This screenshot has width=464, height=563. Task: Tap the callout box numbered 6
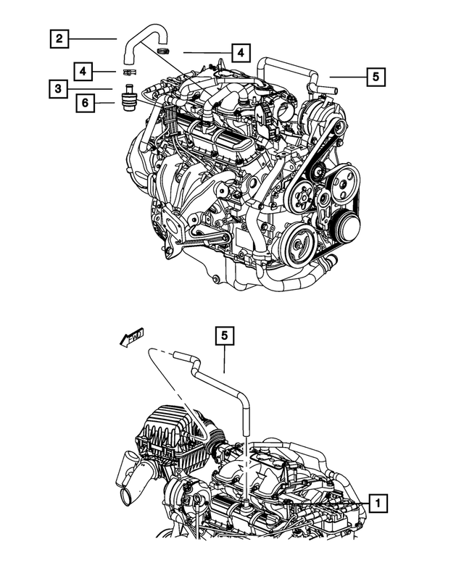pyautogui.click(x=86, y=104)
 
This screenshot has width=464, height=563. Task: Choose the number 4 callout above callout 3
pyautogui.click(x=86, y=71)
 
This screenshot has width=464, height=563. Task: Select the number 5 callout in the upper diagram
pyautogui.click(x=376, y=75)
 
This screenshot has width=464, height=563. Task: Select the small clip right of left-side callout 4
pyautogui.click(x=129, y=72)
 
